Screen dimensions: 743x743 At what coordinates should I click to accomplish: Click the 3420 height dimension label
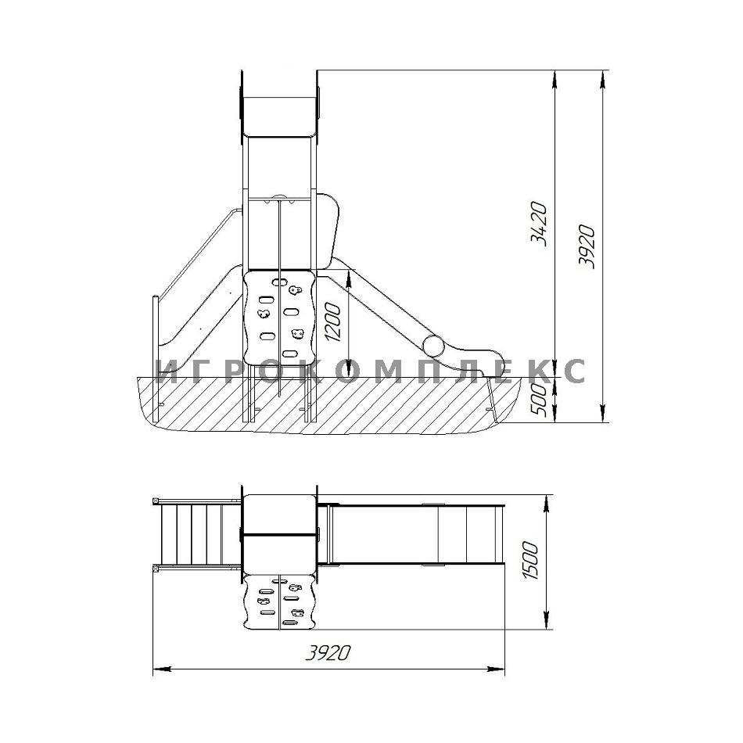tap(539, 224)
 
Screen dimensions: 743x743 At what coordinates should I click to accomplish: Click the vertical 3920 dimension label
tap(587, 246)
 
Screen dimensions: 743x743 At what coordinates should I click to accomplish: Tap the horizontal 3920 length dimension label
tap(328, 653)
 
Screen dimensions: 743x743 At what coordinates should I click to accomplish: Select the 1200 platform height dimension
tap(333, 323)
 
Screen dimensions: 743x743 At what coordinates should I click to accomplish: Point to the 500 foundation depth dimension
tap(538, 400)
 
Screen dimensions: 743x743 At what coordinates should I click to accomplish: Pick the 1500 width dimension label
tap(530, 561)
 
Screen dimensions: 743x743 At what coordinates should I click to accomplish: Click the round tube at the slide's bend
tap(433, 346)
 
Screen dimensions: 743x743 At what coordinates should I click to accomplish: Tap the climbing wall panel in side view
tap(279, 317)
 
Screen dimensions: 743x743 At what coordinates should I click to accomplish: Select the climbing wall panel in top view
tap(279, 601)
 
